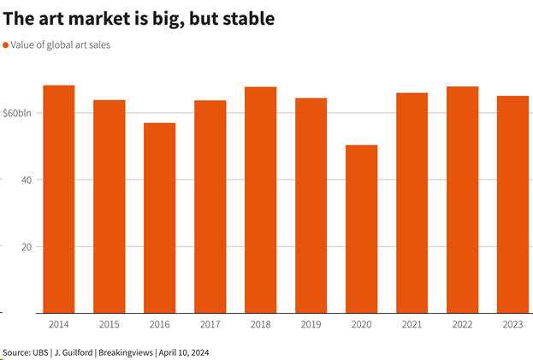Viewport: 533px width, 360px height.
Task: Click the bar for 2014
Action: pyautogui.click(x=58, y=198)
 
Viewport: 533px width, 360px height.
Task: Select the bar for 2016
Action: pyautogui.click(x=159, y=217)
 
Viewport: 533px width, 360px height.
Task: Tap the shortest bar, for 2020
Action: pyautogui.click(x=361, y=228)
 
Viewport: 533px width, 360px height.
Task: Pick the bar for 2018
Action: pyautogui.click(x=260, y=199)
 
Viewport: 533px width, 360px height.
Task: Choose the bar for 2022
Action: pyautogui.click(x=462, y=199)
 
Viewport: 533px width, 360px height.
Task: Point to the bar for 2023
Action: pyautogui.click(x=512, y=204)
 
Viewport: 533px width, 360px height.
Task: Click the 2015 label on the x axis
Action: pyautogui.click(x=109, y=325)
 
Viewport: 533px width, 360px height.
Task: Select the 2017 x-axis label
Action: pyautogui.click(x=210, y=325)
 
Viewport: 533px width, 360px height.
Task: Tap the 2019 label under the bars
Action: pyautogui.click(x=311, y=325)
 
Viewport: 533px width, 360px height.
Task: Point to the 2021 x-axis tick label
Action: pyautogui.click(x=412, y=325)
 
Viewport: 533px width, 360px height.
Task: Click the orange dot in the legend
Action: pyautogui.click(x=6, y=44)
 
